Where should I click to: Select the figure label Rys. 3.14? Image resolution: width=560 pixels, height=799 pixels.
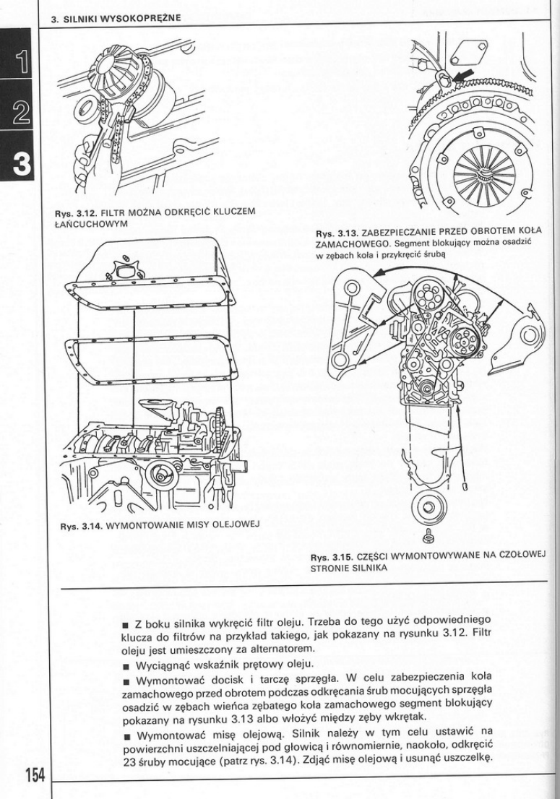click(x=79, y=524)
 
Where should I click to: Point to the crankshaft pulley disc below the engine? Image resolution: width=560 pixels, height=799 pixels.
click(x=428, y=506)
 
